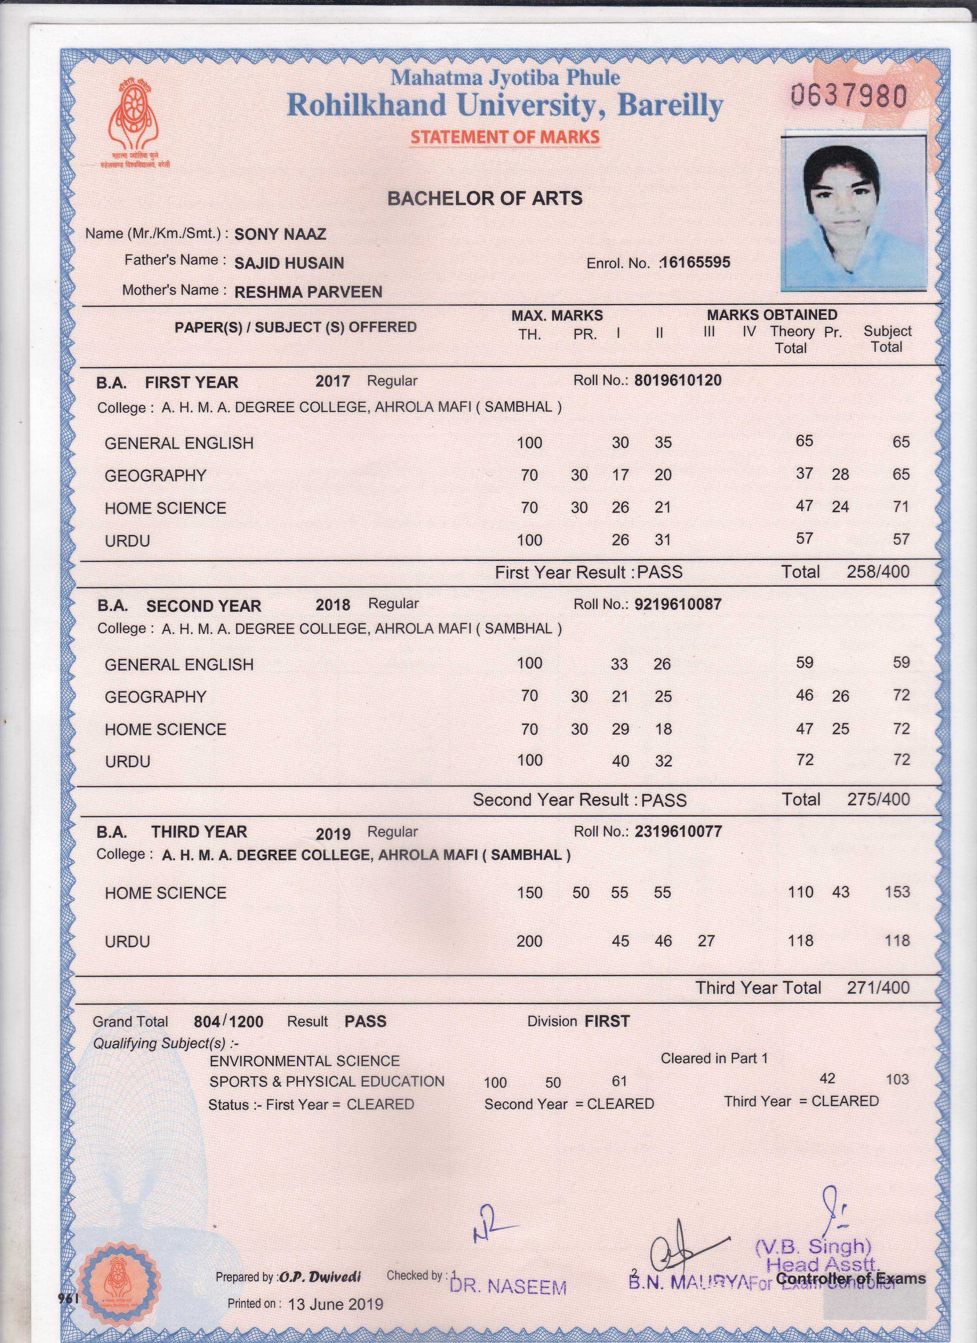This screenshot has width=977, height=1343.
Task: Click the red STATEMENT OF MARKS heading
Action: click(505, 137)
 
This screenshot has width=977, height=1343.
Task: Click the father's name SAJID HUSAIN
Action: click(289, 263)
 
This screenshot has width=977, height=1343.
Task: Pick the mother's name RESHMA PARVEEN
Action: click(308, 291)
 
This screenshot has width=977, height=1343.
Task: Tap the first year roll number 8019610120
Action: click(678, 380)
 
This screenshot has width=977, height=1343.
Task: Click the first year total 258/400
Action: click(877, 572)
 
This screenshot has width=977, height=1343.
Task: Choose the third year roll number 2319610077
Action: click(678, 832)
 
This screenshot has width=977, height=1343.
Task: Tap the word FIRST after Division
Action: click(607, 1021)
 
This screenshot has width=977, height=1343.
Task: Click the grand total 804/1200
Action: click(228, 1021)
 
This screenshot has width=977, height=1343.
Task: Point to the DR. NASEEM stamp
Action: click(508, 1286)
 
